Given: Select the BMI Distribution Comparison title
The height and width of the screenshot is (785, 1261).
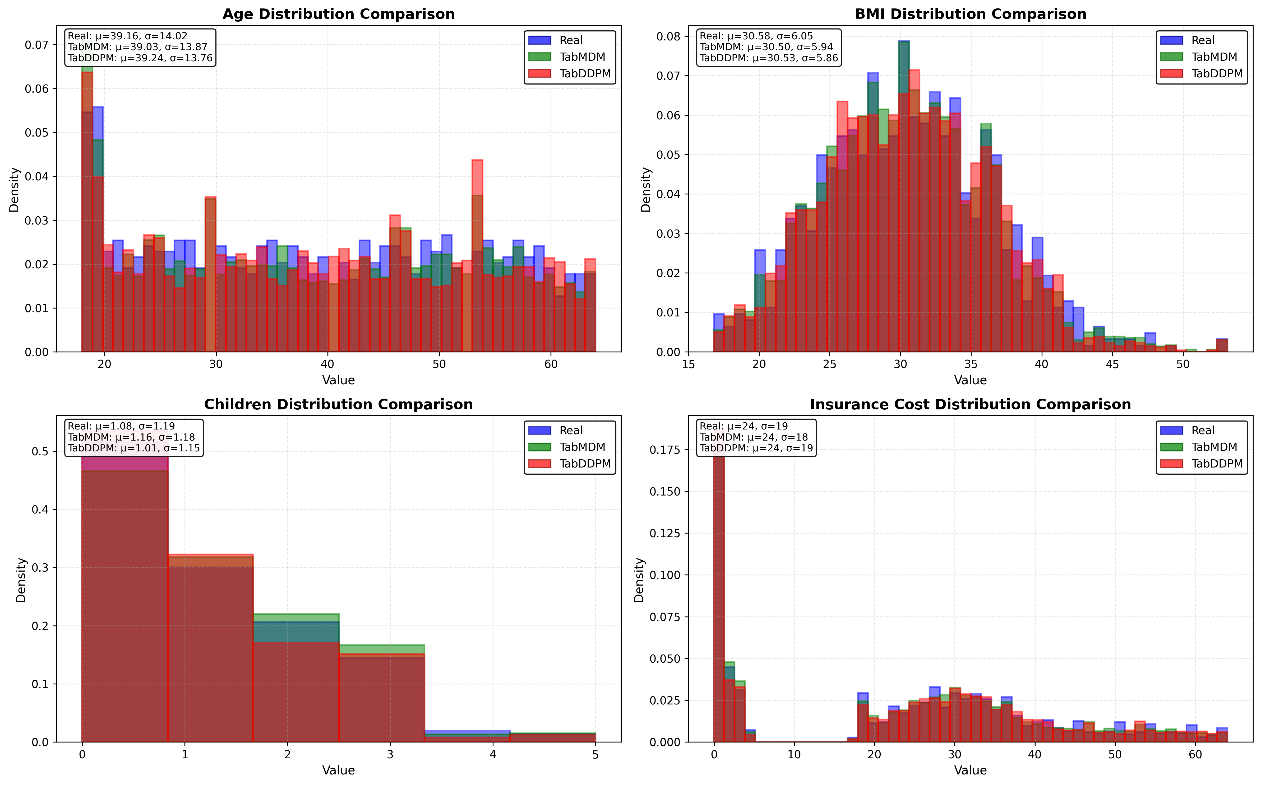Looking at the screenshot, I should tap(970, 14).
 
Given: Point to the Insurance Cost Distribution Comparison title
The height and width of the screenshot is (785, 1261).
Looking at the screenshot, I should tap(970, 404).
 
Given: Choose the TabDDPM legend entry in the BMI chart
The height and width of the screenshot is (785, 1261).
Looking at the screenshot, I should tap(1216, 73).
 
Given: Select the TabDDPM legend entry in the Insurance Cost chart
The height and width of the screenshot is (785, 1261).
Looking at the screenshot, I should tap(1216, 464).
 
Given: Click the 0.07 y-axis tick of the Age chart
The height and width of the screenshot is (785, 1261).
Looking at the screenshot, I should tap(36, 45).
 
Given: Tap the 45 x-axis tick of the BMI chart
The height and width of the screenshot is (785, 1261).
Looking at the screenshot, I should tap(1112, 364).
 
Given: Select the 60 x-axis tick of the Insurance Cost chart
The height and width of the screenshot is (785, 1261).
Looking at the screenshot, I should tap(1195, 754).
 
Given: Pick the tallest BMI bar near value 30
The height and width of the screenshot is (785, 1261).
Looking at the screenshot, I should tap(904, 197).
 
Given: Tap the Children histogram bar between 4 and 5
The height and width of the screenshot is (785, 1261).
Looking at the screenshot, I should tap(553, 737).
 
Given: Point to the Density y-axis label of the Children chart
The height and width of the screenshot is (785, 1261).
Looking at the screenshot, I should tap(21, 580).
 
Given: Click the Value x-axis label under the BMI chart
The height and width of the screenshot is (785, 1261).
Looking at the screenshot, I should tap(970, 380).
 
